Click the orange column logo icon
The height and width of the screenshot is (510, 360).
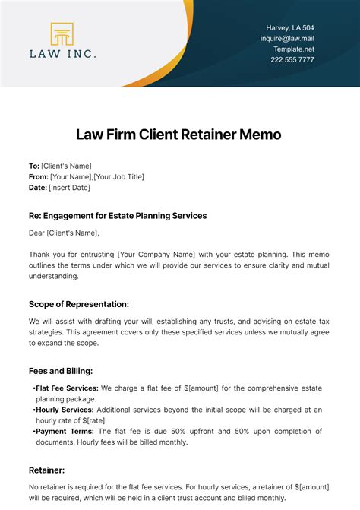(62, 34)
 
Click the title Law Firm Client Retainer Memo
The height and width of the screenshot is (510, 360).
(179, 135)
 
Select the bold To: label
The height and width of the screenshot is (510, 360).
(33, 166)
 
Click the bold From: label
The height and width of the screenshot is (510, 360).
(38, 177)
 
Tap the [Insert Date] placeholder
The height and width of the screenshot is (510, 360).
(70, 188)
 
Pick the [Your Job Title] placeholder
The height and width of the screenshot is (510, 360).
(118, 177)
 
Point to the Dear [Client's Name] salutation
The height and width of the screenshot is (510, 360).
(64, 233)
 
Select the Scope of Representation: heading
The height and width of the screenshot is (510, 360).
(79, 304)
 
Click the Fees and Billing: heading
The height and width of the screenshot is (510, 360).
(61, 371)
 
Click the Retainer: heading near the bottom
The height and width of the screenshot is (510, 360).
(47, 470)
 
